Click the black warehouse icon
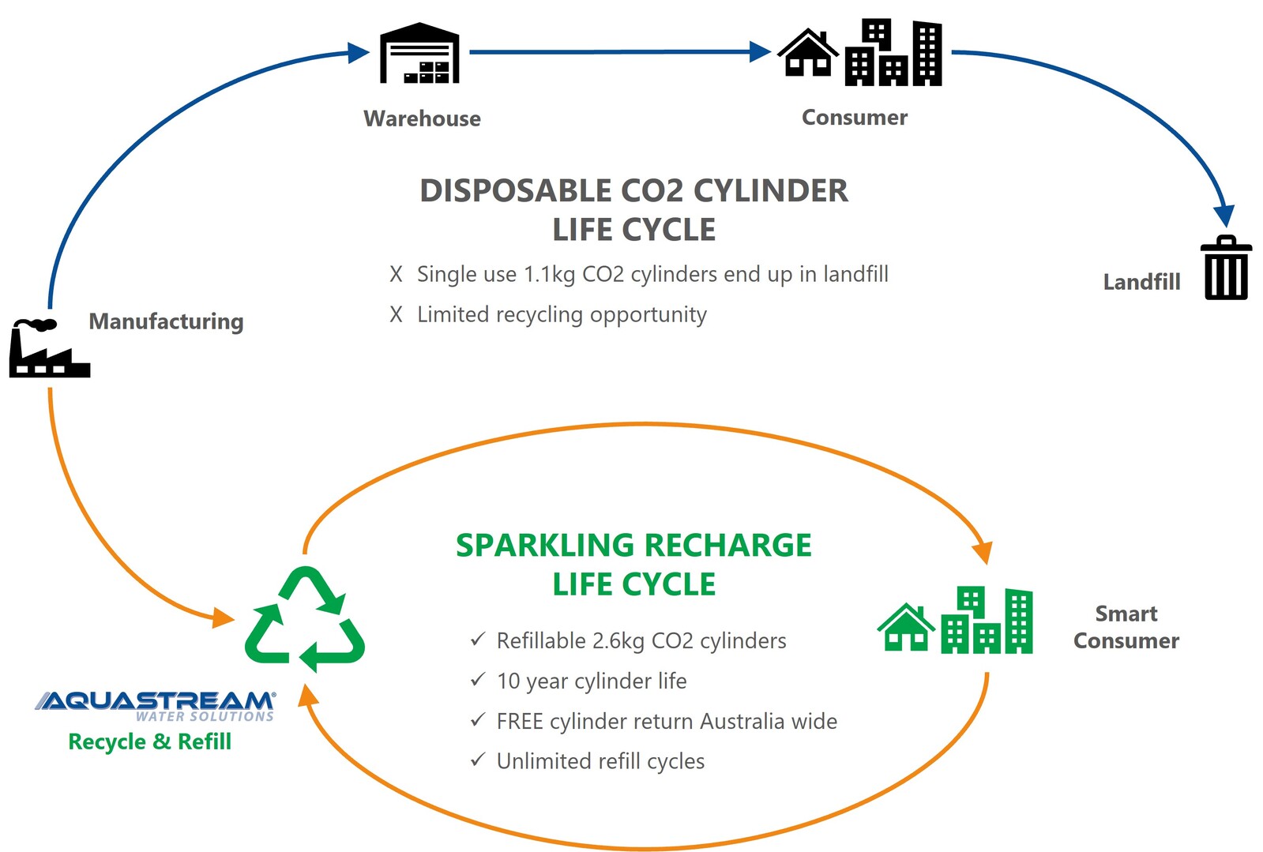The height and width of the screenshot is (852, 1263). point(419,54)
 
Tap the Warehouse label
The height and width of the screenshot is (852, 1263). point(422,118)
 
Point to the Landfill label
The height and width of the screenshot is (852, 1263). point(1141,282)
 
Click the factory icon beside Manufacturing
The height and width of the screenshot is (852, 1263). point(48,348)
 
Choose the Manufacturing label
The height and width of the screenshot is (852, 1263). point(166,321)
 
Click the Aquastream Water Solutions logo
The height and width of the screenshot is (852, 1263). point(156,705)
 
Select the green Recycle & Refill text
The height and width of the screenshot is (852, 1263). point(149,741)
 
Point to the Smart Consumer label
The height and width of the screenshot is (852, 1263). point(1126,627)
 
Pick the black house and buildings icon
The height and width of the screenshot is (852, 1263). point(859,53)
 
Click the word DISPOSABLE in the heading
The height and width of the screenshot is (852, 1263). point(515,191)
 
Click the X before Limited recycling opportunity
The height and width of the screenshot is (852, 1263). point(396,314)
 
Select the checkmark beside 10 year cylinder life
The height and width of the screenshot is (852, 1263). point(477,680)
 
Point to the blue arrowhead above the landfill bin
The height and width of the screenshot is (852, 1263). point(1224,216)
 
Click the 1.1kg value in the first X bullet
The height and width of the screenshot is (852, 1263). point(550,274)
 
